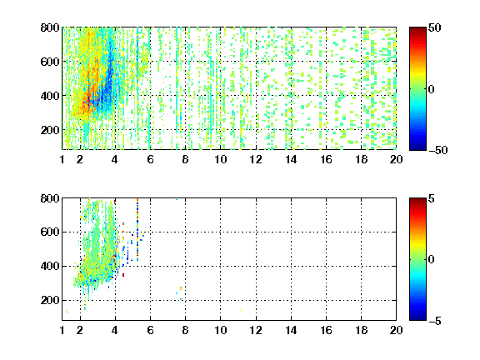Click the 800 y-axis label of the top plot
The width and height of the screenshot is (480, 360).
click(x=50, y=27)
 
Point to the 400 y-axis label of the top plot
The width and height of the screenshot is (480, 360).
click(x=50, y=96)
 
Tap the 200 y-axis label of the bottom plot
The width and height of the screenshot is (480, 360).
click(x=50, y=300)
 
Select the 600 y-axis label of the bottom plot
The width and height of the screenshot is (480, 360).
click(x=50, y=232)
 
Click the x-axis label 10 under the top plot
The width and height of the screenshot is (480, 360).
click(x=220, y=159)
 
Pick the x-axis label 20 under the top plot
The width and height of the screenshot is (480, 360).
click(x=396, y=159)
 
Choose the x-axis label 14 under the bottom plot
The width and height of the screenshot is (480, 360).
click(x=291, y=330)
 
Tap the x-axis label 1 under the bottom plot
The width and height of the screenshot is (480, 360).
click(x=62, y=330)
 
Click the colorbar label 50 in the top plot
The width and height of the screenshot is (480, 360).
click(x=435, y=27)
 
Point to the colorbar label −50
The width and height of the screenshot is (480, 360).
click(x=437, y=150)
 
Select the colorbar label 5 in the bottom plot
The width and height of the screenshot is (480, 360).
click(x=432, y=198)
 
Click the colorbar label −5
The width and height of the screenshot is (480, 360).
click(x=435, y=321)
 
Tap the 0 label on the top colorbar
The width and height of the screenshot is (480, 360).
click(x=432, y=89)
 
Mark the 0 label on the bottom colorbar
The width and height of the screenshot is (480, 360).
click(x=432, y=260)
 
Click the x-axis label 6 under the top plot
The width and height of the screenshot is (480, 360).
click(x=150, y=159)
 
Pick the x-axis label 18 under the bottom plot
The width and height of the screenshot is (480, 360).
click(x=361, y=330)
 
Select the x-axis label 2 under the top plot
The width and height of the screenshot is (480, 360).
click(x=80, y=159)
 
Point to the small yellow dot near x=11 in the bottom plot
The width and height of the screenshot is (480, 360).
click(x=241, y=310)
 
